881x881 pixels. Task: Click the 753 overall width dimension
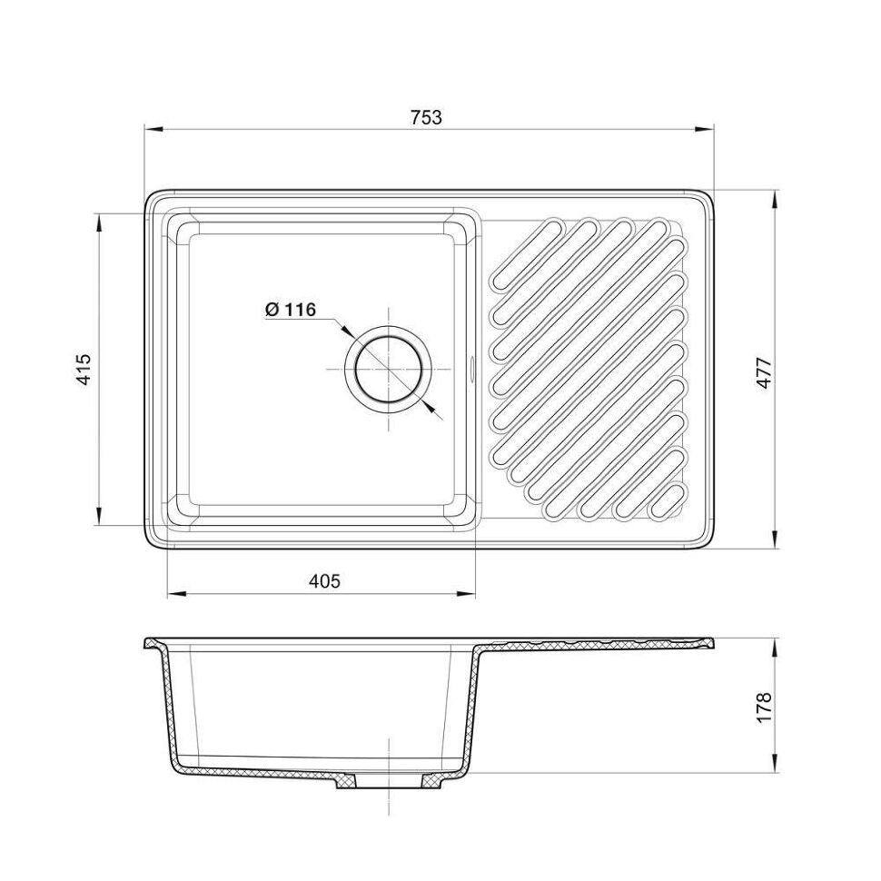tap(427, 117)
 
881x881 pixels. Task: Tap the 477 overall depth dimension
tap(765, 372)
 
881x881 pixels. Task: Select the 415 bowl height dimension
tap(84, 369)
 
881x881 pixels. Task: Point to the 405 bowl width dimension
tap(325, 580)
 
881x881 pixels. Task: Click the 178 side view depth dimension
tap(765, 707)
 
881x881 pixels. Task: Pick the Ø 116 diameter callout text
tap(291, 309)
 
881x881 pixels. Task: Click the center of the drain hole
tap(388, 370)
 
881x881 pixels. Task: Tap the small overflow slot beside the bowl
tap(472, 369)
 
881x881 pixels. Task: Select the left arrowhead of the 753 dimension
tap(153, 129)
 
